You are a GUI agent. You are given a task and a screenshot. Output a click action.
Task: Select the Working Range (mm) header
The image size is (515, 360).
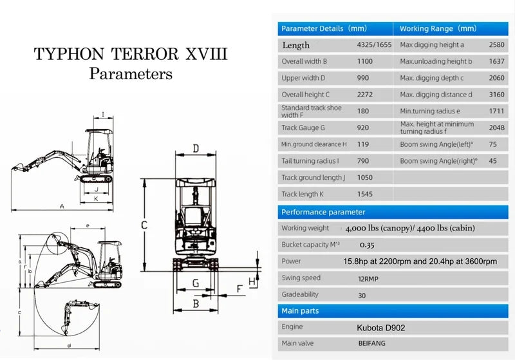click(x=438, y=28)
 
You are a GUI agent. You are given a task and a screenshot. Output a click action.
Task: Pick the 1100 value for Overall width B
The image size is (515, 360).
click(x=365, y=62)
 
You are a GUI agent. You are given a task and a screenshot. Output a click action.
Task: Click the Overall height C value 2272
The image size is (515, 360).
click(x=365, y=95)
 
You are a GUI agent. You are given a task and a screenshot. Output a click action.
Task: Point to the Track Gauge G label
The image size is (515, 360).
click(x=303, y=128)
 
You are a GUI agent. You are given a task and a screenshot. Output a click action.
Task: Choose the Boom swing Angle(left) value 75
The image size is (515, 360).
click(x=492, y=144)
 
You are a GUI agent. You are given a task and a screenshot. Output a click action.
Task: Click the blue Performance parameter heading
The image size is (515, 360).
click(x=323, y=212)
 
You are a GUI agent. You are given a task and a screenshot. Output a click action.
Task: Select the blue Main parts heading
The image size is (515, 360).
click(x=300, y=311)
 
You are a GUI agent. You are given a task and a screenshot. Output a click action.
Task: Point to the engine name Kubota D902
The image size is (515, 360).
click(x=380, y=328)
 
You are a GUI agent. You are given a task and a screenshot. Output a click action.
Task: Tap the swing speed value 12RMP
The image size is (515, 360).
click(x=370, y=278)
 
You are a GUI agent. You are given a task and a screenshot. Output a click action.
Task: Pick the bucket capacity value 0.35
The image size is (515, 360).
click(x=367, y=245)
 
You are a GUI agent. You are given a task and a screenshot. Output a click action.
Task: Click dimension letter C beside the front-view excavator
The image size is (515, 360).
click(x=145, y=225)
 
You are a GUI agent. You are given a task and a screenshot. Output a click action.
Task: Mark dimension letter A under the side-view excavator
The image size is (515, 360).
click(x=61, y=206)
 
